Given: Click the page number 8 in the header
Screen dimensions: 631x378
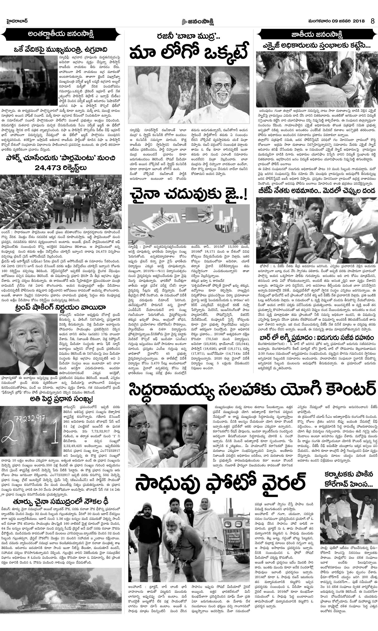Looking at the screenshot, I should [x=372, y=21].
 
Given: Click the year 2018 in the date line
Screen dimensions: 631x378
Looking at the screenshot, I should [x=359, y=21].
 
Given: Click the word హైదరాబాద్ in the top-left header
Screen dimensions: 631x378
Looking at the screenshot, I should [x=17, y=21].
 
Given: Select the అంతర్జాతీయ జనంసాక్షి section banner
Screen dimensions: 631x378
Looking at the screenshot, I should [x=61, y=34].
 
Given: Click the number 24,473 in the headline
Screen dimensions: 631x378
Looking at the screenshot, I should [x=48, y=168].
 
